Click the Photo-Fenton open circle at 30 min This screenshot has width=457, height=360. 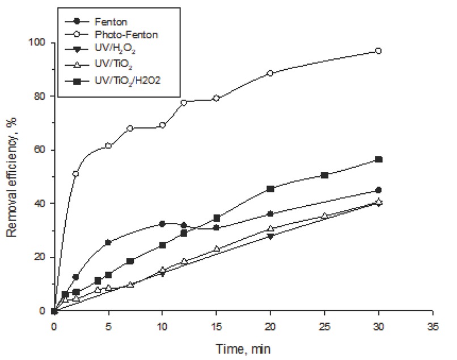coord(379,51)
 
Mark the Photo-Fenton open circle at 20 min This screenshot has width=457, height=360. coord(270,73)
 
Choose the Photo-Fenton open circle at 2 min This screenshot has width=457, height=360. coord(75,174)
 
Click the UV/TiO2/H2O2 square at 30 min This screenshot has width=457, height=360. coord(379,159)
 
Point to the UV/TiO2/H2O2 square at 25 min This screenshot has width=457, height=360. coord(325,175)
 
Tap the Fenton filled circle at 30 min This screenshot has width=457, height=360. coord(379,190)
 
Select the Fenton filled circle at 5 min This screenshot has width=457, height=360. coord(108,243)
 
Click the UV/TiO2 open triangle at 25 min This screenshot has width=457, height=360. coord(325,216)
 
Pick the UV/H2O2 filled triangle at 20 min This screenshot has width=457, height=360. coord(270,236)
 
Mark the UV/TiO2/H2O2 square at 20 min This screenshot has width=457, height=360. coord(270,189)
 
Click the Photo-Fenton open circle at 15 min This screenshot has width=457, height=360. coord(216,98)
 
